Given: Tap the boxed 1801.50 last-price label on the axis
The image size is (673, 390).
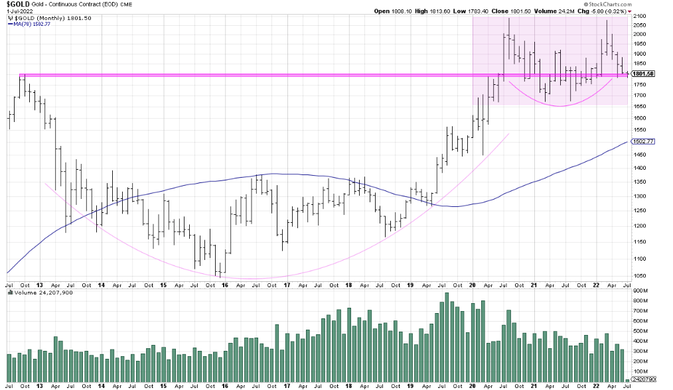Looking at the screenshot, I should coord(643,74).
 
